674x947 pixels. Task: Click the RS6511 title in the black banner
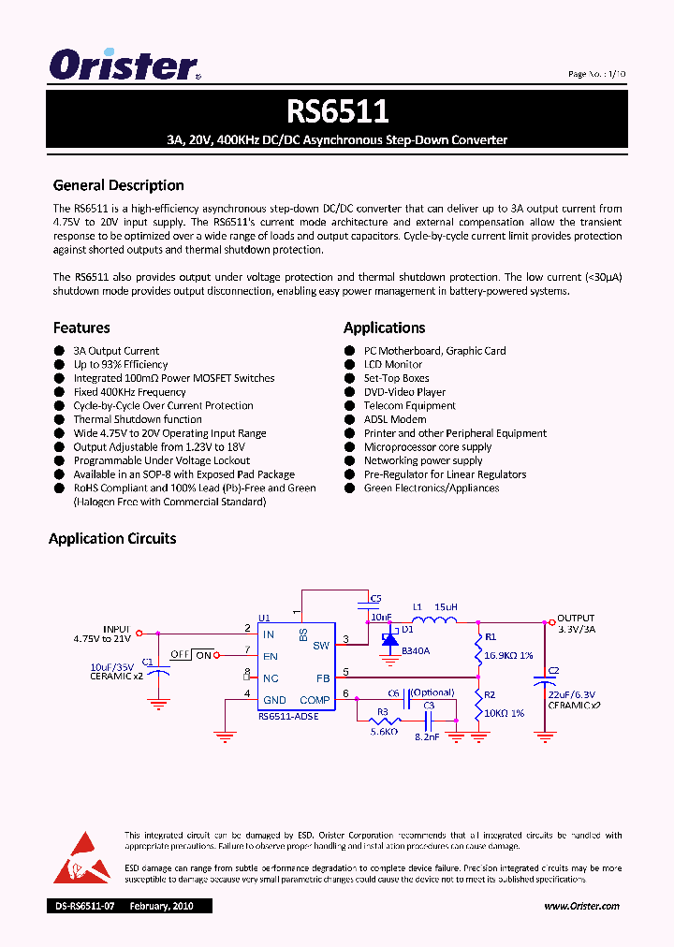tap(337, 112)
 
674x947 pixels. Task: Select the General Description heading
tap(118, 185)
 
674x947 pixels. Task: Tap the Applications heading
tap(384, 328)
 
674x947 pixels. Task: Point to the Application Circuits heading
tap(112, 538)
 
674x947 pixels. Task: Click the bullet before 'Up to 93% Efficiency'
tap(59, 365)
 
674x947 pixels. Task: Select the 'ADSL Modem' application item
tap(395, 419)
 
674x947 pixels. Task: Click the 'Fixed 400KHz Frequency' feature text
tap(129, 392)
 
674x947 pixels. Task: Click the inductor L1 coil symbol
tap(433, 619)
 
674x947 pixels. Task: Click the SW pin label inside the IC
tap(320, 645)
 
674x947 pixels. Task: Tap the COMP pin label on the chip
tap(315, 700)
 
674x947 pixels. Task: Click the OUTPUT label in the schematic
tap(577, 619)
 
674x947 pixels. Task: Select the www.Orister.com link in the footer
tap(581, 906)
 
